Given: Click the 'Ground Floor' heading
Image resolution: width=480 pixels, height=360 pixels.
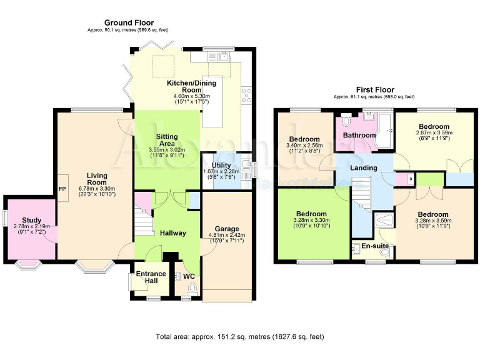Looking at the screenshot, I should coord(129,22).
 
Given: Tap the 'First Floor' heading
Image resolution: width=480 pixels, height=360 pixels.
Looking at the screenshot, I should coord(375,90).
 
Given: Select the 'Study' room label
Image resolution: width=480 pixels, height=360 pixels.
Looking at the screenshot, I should coord(32,220).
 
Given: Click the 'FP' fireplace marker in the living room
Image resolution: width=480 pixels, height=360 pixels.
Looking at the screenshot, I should coord(62,188).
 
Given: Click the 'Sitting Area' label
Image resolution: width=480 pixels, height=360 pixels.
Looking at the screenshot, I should coord(167,140).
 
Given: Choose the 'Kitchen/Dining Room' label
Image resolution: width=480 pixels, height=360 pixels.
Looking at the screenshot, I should coord(192,86).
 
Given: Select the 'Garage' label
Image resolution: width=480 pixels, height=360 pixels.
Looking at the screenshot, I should coord(227,228).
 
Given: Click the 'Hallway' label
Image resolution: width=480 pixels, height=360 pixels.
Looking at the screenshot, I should coord(172,233).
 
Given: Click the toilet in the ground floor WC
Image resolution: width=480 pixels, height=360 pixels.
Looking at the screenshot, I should coord(192,288).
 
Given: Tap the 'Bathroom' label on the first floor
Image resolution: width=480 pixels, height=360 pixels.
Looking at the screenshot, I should coord(359,135).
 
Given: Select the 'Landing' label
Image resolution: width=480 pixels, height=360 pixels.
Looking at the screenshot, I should coord(364,167).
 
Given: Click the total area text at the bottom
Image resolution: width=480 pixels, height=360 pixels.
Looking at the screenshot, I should coord(240,337).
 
